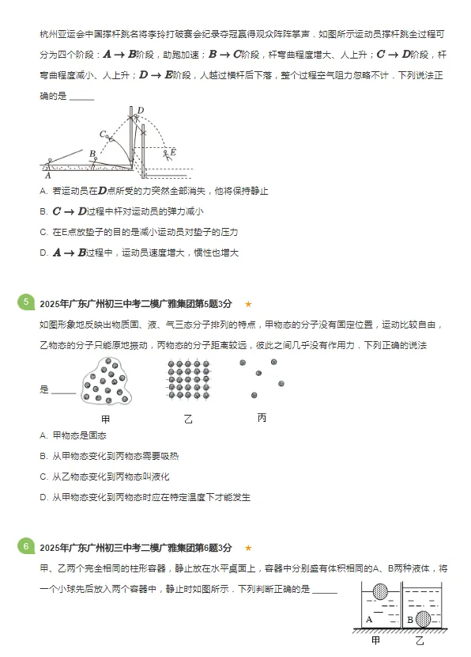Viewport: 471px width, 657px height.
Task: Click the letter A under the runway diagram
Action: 49,176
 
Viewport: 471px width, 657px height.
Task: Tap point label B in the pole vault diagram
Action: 92,153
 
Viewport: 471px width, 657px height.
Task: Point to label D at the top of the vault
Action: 140,110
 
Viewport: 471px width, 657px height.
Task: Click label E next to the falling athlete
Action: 173,152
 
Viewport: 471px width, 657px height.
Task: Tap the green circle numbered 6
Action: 26,547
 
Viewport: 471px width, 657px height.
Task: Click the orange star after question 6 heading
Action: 248,548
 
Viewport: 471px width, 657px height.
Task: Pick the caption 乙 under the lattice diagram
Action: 188,419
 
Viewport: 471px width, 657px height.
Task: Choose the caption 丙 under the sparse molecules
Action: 262,417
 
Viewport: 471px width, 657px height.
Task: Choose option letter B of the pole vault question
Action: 43,211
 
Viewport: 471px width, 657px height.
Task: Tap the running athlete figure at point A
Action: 51,162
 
